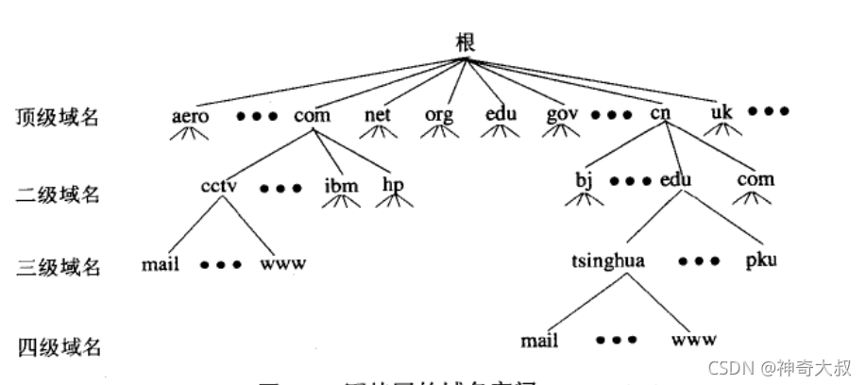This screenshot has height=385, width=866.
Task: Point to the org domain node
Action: pos(439,116)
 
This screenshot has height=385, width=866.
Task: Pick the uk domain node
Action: pos(722,114)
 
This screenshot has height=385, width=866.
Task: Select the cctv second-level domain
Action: pos(218,183)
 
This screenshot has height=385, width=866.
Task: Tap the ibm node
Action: pos(341,184)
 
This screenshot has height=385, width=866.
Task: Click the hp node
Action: pos(393,184)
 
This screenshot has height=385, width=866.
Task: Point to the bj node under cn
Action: pos(583,180)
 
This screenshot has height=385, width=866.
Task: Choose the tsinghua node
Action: pos(608,259)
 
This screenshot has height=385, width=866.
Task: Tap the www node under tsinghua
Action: pos(694,338)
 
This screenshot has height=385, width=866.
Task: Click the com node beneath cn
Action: pos(755,179)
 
